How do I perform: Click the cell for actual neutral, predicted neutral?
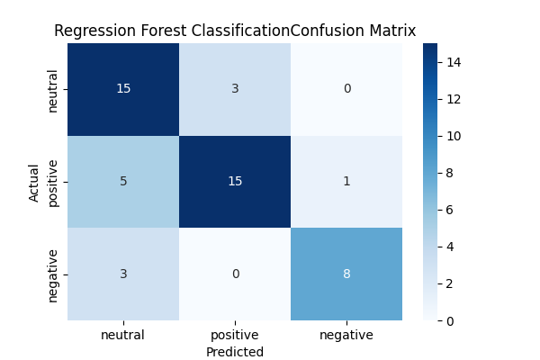tap(123, 89)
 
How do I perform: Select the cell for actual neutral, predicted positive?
tap(235, 89)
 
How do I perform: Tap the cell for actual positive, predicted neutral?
tap(123, 182)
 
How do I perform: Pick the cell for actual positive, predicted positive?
tap(235, 182)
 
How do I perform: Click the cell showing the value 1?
tap(346, 182)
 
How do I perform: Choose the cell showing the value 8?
tap(346, 274)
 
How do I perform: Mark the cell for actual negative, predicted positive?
tap(235, 274)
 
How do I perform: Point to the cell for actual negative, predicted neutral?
tap(123, 274)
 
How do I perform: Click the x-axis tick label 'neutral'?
tap(123, 335)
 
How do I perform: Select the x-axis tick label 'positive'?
tap(235, 335)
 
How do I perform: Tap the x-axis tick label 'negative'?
tap(346, 335)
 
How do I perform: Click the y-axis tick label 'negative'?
tap(53, 274)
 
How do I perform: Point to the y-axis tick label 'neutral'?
tap(53, 89)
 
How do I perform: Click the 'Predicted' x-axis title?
tap(235, 352)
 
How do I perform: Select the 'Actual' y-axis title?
tap(34, 182)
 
